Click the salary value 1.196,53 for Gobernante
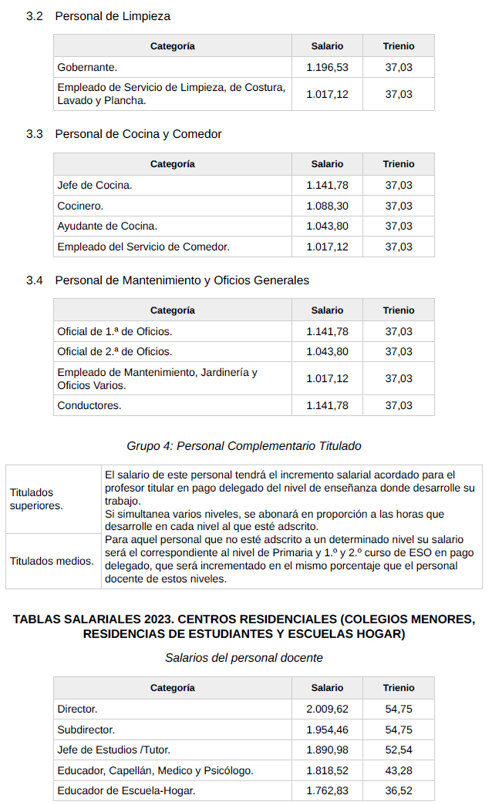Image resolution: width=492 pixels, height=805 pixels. click(x=327, y=67)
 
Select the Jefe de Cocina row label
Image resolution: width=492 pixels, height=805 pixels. click(x=95, y=185)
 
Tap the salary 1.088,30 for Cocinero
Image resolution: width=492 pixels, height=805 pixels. click(x=327, y=206)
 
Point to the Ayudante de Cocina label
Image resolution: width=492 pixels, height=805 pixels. click(x=107, y=226)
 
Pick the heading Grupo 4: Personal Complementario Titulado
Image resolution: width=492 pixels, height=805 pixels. click(x=244, y=446)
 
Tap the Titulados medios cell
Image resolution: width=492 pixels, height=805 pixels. click(x=52, y=561)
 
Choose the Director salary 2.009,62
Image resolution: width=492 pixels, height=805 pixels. click(x=327, y=709)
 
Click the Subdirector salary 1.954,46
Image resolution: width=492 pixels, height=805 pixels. click(x=327, y=730)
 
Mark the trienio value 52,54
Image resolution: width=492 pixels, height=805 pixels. click(x=399, y=750)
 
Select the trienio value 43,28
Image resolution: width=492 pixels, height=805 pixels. click(x=399, y=770)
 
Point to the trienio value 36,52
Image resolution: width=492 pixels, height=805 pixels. click(x=399, y=790)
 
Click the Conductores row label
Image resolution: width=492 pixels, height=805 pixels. click(x=89, y=405)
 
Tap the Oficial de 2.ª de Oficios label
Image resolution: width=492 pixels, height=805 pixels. click(x=115, y=351)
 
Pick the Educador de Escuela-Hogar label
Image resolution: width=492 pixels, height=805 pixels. click(x=126, y=790)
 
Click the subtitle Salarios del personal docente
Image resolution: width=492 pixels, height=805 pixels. click(x=244, y=658)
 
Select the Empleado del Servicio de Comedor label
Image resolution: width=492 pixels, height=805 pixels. click(x=143, y=247)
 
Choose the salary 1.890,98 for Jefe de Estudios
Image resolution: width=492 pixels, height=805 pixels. click(x=327, y=750)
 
